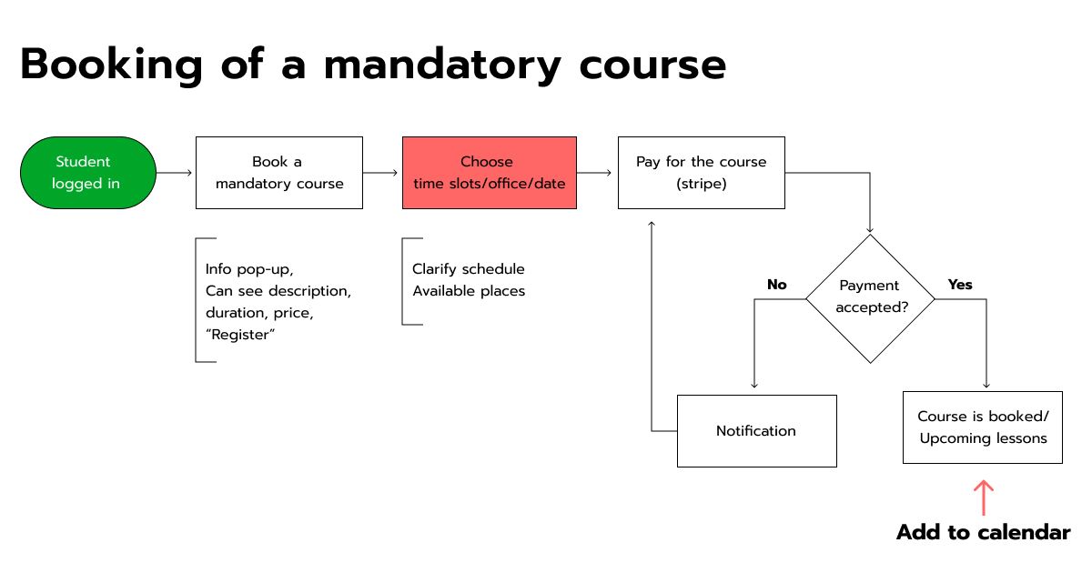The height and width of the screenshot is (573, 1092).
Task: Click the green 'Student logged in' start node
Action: coord(88,173)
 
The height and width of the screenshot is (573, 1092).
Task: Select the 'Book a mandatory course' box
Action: coord(279,173)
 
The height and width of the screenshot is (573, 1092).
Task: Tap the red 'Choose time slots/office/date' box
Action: coord(490,173)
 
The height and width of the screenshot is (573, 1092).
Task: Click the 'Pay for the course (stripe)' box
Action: coord(702,173)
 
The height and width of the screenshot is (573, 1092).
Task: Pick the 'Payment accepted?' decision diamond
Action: coord(870,298)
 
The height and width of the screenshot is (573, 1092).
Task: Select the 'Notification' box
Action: coord(757,431)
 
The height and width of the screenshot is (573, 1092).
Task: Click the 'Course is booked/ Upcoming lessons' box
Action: coord(983,427)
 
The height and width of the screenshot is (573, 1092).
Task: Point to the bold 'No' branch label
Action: coord(777,285)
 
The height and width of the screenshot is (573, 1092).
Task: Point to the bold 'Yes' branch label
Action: coord(960,285)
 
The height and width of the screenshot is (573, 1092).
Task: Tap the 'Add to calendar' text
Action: coord(984,533)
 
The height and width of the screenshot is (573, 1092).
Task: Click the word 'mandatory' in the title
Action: coord(442,65)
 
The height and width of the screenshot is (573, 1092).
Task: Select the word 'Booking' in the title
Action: coord(111,65)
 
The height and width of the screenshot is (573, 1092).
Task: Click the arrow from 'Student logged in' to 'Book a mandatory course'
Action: coord(174,173)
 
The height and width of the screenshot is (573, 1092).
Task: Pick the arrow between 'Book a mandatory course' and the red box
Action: coord(380,173)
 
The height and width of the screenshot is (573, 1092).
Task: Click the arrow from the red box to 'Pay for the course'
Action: coord(593,173)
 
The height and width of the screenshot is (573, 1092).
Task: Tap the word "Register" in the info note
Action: coord(240,335)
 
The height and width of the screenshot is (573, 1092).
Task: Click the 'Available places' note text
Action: coord(469,291)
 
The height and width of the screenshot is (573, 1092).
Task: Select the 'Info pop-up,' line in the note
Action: coord(249,269)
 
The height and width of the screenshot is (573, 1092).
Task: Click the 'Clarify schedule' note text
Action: coord(469,269)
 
